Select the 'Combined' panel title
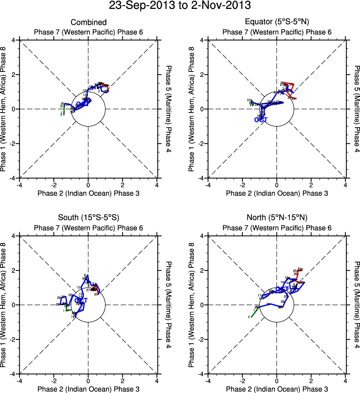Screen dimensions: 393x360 coord(88,23)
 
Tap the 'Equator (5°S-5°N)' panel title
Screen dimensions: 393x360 coord(277,22)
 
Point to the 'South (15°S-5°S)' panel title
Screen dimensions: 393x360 coord(88,217)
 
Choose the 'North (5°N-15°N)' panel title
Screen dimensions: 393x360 coord(277,217)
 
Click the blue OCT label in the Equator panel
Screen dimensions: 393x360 coord(261,120)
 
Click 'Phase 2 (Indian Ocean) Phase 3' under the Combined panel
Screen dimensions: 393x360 coord(88,193)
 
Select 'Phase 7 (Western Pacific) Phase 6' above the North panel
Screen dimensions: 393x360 coord(277,228)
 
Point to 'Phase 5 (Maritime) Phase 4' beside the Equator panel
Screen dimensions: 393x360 coord(357,109)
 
